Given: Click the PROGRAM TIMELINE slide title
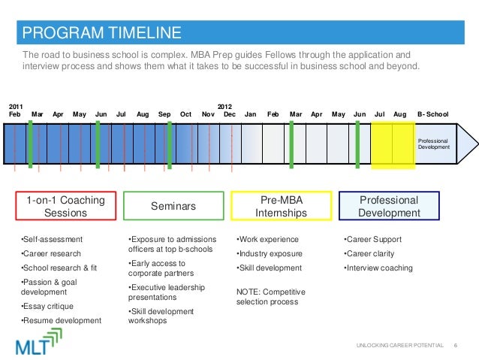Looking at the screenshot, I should (x=101, y=32).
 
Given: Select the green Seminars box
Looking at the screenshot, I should (x=173, y=206).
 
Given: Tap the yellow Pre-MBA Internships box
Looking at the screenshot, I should (x=282, y=207).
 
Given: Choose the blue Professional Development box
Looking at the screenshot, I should (x=389, y=207).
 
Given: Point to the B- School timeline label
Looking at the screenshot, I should (x=432, y=114).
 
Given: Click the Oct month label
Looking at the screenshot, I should (x=185, y=114).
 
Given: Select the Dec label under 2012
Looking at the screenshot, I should (x=229, y=114).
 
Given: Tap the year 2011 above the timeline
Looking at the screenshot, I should (x=15, y=107).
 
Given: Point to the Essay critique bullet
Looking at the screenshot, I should (x=47, y=306).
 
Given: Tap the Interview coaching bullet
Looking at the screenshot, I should (x=378, y=268).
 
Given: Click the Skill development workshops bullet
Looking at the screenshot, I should (x=161, y=316).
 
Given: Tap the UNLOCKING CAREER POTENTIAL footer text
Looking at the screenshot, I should (x=399, y=344).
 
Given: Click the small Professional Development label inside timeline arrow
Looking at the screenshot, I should (x=433, y=144).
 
